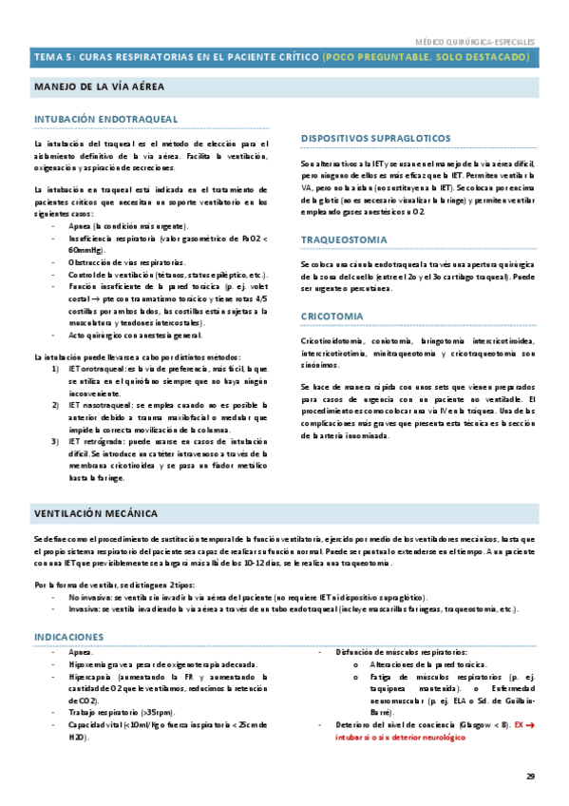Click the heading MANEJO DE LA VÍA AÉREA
[x=99, y=86]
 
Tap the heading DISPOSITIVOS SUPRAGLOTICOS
[x=376, y=139]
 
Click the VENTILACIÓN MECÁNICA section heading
[x=96, y=513]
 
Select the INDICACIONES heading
[x=68, y=609]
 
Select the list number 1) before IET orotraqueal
[x=57, y=368]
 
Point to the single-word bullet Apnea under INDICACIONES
[x=81, y=626]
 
